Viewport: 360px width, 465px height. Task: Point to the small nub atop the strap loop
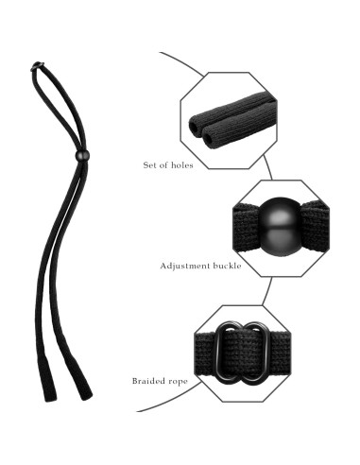tap(36, 66)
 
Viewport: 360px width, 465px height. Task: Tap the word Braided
tap(150, 382)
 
